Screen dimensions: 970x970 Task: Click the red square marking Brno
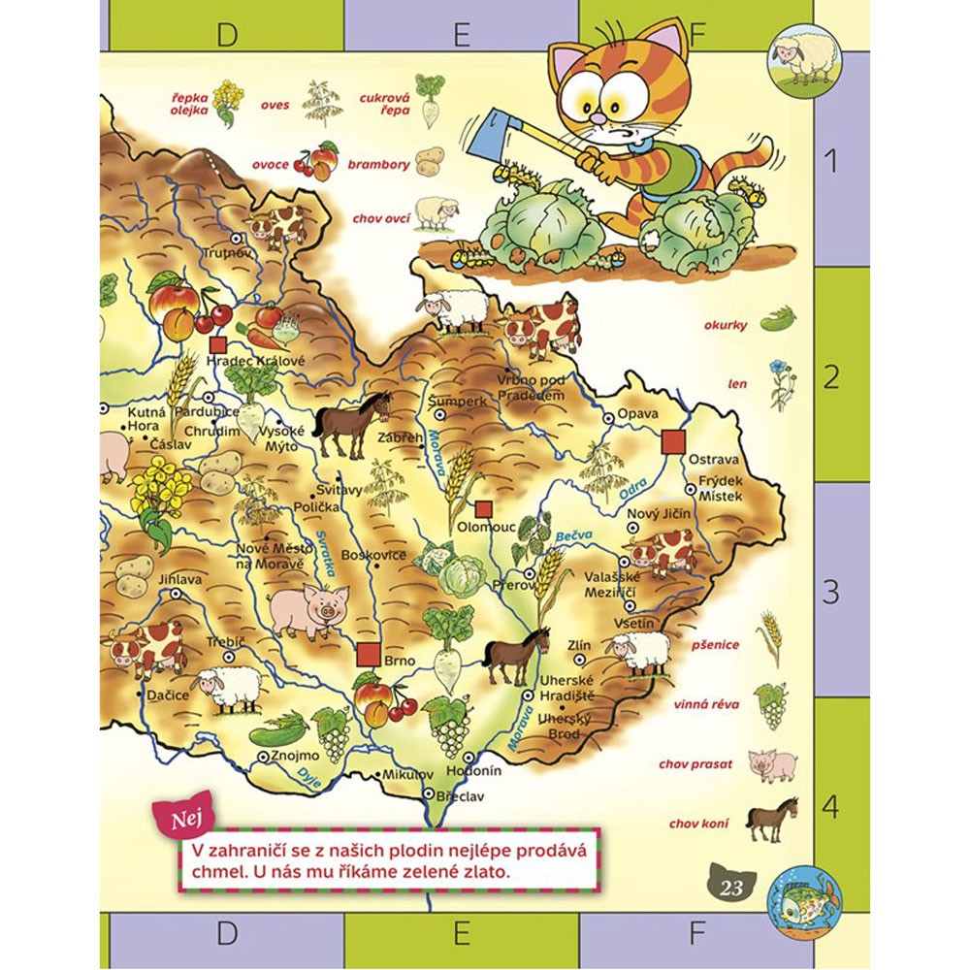click(368, 655)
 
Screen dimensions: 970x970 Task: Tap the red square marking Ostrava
click(671, 442)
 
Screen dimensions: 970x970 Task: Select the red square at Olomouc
click(482, 509)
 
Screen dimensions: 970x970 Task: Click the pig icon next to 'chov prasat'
click(774, 764)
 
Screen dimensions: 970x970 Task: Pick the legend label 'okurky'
click(726, 325)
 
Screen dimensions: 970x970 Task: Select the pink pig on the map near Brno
click(307, 610)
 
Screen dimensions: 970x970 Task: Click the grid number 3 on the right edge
click(830, 590)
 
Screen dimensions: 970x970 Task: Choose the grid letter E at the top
click(462, 36)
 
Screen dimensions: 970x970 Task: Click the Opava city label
click(637, 414)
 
